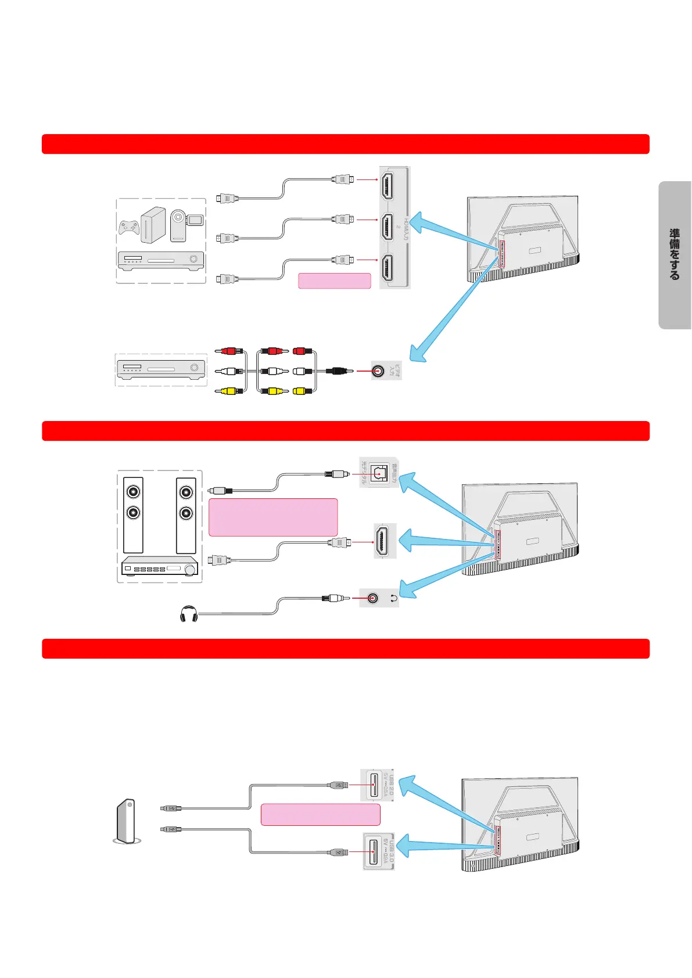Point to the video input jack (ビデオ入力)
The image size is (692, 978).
[x=378, y=371]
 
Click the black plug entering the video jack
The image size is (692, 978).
[x=339, y=371]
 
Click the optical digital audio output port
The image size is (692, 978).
[x=378, y=473]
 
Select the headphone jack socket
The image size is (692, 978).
[x=372, y=598]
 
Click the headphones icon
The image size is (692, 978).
[x=189, y=614]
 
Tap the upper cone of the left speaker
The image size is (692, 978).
[x=134, y=492]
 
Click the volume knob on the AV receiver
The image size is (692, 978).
[x=190, y=570]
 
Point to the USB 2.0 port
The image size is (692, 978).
[x=374, y=785]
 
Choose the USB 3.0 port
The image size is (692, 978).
[x=374, y=851]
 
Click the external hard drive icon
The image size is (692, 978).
[x=127, y=821]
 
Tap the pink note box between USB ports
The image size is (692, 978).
[x=320, y=814]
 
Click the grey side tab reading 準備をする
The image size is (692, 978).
[x=675, y=255]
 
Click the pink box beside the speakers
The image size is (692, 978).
[x=273, y=517]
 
